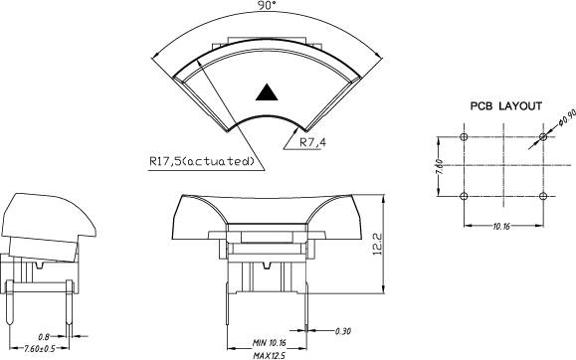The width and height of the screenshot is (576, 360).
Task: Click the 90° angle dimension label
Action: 267,5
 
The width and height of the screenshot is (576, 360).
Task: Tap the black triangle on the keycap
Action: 267,92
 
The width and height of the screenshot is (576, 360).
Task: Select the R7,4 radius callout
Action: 313,142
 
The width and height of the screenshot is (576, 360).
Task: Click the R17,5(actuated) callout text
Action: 202,161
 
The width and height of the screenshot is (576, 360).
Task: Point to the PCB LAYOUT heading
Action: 506,106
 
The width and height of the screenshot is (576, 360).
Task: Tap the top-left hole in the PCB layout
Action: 464,137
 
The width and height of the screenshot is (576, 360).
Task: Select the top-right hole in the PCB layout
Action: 543,137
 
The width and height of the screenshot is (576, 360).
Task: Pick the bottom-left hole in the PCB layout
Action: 464,196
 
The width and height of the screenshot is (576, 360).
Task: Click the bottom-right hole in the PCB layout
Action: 543,196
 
